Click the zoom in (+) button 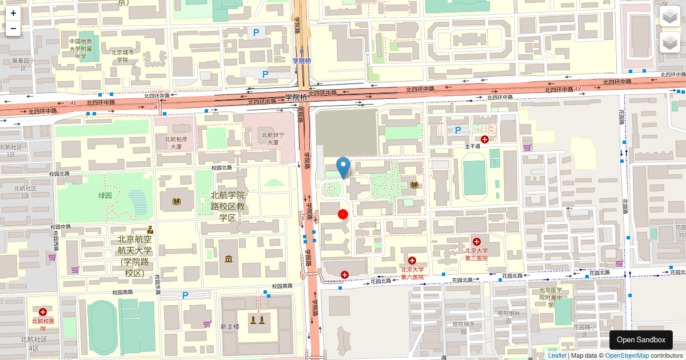[13, 13]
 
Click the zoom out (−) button [13, 28]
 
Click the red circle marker [343, 214]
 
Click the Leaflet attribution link [557, 355]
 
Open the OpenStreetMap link [627, 355]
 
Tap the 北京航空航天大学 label [135, 255]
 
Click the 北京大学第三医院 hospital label [476, 254]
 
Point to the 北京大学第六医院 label [412, 273]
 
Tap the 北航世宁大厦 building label [269, 139]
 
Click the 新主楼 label [230, 326]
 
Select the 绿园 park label [105, 195]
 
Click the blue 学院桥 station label [301, 61]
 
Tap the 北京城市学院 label [122, 56]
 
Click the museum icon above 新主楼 [229, 260]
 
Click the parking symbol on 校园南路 [185, 295]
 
